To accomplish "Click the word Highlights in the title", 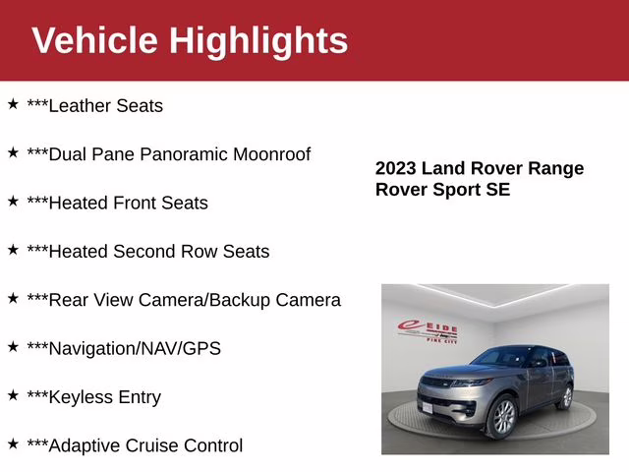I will (x=258, y=40).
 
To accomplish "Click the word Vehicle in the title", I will (x=94, y=40).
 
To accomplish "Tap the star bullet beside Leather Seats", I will (x=13, y=103).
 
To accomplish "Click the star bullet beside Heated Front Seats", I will (x=13, y=201).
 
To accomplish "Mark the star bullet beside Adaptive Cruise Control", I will (x=13, y=443).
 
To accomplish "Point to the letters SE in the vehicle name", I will (x=498, y=190).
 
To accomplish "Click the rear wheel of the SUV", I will (x=565, y=395).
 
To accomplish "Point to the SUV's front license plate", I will (x=429, y=406).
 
